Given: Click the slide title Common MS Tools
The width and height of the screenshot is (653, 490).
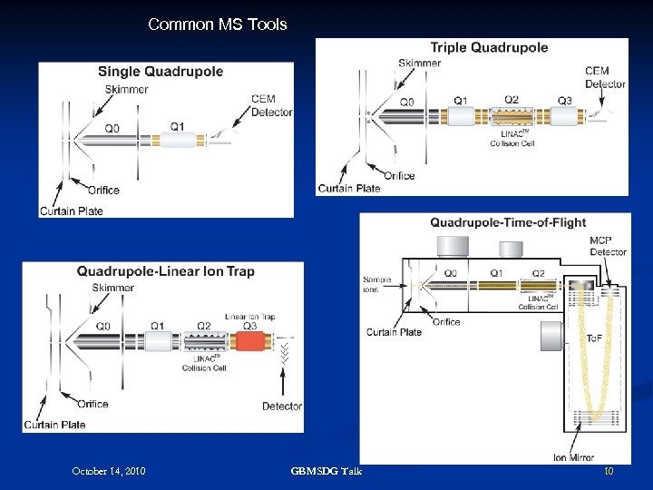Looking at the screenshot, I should (217, 24).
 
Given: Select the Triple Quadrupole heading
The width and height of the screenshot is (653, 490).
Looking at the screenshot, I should (489, 47).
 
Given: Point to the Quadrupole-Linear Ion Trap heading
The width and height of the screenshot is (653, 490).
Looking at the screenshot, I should (165, 270).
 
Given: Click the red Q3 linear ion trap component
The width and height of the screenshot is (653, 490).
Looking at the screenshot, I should (250, 342).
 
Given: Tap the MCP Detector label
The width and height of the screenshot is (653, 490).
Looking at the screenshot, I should (608, 247).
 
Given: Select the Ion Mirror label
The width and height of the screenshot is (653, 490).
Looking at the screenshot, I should (574, 457).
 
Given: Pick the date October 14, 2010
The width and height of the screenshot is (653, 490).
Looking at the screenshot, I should (109, 471).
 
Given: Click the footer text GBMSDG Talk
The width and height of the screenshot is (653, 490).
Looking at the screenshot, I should (326, 471).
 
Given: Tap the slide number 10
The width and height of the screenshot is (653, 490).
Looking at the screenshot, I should (609, 471).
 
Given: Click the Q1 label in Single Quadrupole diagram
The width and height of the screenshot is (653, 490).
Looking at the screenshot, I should (177, 126).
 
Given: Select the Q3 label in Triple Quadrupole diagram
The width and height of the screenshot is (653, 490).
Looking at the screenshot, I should (564, 101).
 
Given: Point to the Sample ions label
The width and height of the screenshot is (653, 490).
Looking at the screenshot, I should (376, 284).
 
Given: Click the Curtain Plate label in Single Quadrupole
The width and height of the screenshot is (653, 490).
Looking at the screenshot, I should (71, 211).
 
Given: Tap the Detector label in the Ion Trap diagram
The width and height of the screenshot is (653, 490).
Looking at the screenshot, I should (282, 406).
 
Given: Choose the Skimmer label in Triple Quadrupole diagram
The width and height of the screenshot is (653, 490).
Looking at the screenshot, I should (419, 63).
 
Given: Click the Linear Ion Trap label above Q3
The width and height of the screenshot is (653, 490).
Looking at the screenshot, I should (249, 317).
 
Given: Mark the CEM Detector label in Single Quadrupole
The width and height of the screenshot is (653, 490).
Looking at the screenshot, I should (272, 106).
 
